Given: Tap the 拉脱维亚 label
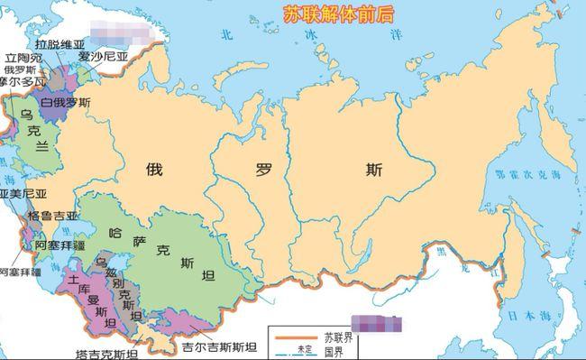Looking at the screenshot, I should (41, 42).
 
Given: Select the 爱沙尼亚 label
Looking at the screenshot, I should (102, 54).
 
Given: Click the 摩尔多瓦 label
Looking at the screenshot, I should (20, 80).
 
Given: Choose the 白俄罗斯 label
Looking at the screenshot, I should (65, 104).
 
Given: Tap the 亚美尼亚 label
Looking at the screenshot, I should (20, 194).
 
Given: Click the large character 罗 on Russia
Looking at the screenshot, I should (265, 167).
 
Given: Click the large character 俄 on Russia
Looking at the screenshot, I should (155, 167).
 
